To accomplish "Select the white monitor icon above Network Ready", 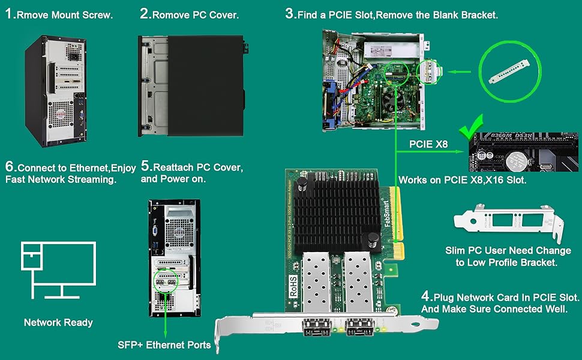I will [58, 270].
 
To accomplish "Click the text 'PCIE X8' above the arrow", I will [428, 144].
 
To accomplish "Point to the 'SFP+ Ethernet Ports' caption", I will [164, 344].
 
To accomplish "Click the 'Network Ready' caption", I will [58, 323].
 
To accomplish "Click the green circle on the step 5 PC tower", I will [167, 280].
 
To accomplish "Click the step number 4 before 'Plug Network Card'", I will [426, 296].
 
